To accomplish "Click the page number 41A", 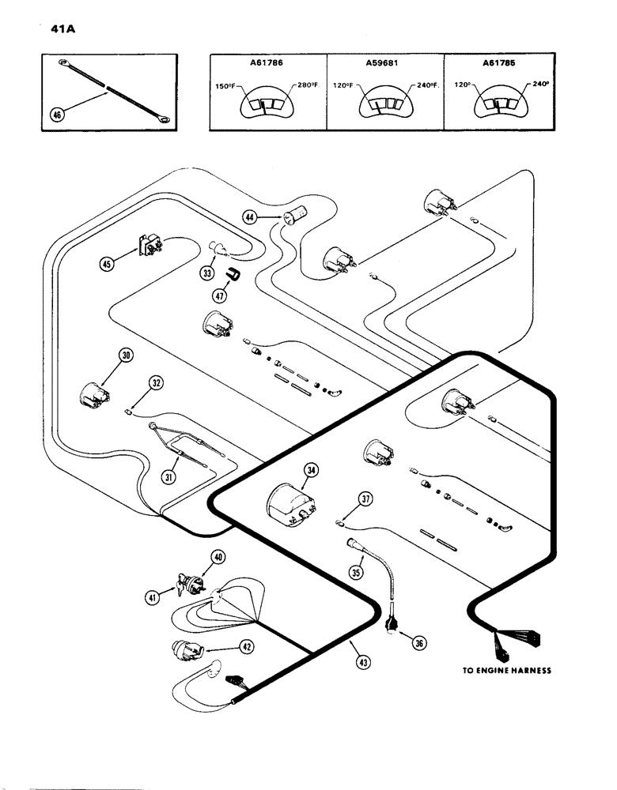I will (x=49, y=33).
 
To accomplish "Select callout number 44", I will (x=250, y=216).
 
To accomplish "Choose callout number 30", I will (x=126, y=355).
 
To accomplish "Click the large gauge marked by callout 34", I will (x=288, y=501).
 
